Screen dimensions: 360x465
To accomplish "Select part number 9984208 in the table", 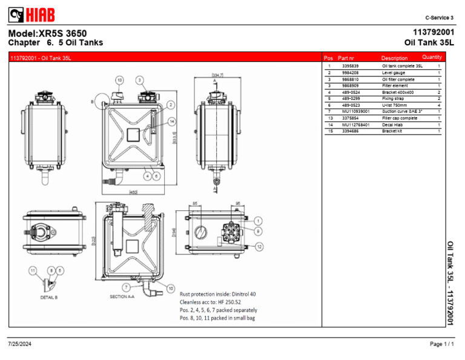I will tap(351, 73).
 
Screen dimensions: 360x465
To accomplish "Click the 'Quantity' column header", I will tap(432, 58).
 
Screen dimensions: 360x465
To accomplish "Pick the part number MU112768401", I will tap(355, 124).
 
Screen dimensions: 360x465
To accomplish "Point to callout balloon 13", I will tap(119, 80).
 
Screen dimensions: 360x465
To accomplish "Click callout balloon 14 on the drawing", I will tap(172, 121).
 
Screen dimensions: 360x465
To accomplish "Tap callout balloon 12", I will tap(259, 247).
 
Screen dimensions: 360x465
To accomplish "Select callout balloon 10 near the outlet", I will tap(171, 288).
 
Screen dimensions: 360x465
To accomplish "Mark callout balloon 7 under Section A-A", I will tap(126, 286).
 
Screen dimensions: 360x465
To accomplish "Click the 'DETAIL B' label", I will tap(48, 298).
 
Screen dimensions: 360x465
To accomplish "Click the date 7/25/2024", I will tap(20, 344).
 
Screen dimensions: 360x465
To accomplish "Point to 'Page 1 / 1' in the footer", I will tap(442, 344).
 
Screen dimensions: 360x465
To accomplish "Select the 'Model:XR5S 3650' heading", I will tap(48, 33).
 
